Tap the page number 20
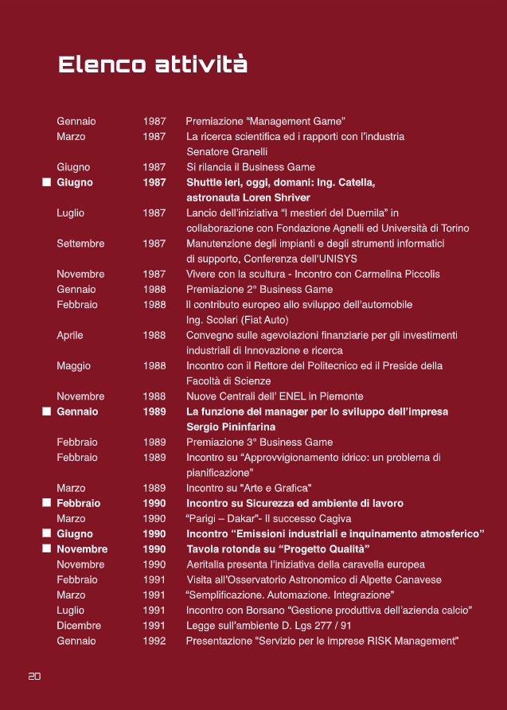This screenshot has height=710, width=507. (34, 676)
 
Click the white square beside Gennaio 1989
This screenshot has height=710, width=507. (47, 412)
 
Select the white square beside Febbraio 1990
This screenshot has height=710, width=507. (47, 503)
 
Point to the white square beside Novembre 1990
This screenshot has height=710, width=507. (47, 549)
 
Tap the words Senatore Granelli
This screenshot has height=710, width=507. (227, 151)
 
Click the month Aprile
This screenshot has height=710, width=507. (70, 335)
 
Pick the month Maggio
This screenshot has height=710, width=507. (74, 366)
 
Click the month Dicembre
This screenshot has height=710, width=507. (79, 626)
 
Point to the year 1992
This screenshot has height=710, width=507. (154, 641)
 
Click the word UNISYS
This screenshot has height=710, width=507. (337, 259)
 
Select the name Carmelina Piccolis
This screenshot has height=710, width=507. (401, 274)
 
